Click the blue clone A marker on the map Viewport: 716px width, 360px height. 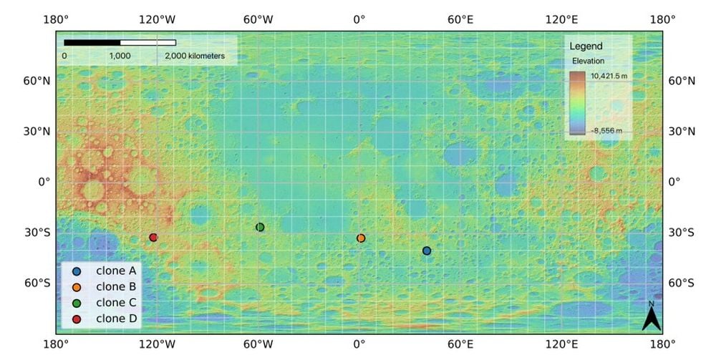point(427,250)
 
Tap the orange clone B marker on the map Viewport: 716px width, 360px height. point(361,238)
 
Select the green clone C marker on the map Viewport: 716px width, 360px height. point(260,227)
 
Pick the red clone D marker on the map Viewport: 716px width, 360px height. point(153,238)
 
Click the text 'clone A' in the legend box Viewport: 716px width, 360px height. point(116,271)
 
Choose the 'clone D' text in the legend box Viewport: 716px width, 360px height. point(116,318)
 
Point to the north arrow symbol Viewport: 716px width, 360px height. point(650,316)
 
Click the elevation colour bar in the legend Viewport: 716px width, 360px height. point(578,103)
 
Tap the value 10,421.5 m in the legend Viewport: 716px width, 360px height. point(609,75)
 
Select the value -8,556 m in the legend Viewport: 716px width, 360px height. point(606,131)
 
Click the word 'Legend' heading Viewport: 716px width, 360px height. point(586,47)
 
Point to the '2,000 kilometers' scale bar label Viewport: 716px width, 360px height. point(195,56)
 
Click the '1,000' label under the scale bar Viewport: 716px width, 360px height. point(120,56)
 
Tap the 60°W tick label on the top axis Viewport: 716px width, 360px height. point(258,19)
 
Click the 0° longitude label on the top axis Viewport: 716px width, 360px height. point(359,19)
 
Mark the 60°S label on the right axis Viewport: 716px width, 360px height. point(682,283)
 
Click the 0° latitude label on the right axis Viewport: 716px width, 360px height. point(674,182)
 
